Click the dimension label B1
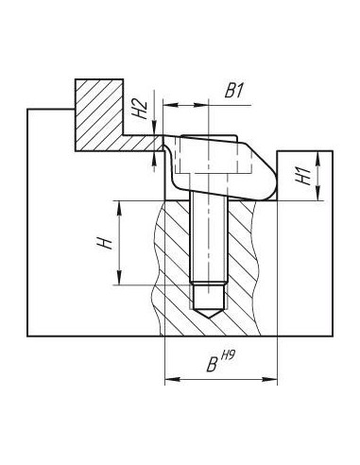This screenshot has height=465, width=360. pyautogui.click(x=234, y=91)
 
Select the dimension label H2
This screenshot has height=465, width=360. pyautogui.click(x=140, y=109)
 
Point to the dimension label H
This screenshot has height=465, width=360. pyautogui.click(x=106, y=243)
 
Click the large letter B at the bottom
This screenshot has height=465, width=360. pyautogui.click(x=213, y=364)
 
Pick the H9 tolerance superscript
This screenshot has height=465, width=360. pyautogui.click(x=228, y=356)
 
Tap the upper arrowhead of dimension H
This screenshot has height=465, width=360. pyautogui.click(x=119, y=208)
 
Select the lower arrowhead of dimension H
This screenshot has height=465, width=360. pyautogui.click(x=119, y=278)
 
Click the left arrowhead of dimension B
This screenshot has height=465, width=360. pyautogui.click(x=173, y=379)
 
